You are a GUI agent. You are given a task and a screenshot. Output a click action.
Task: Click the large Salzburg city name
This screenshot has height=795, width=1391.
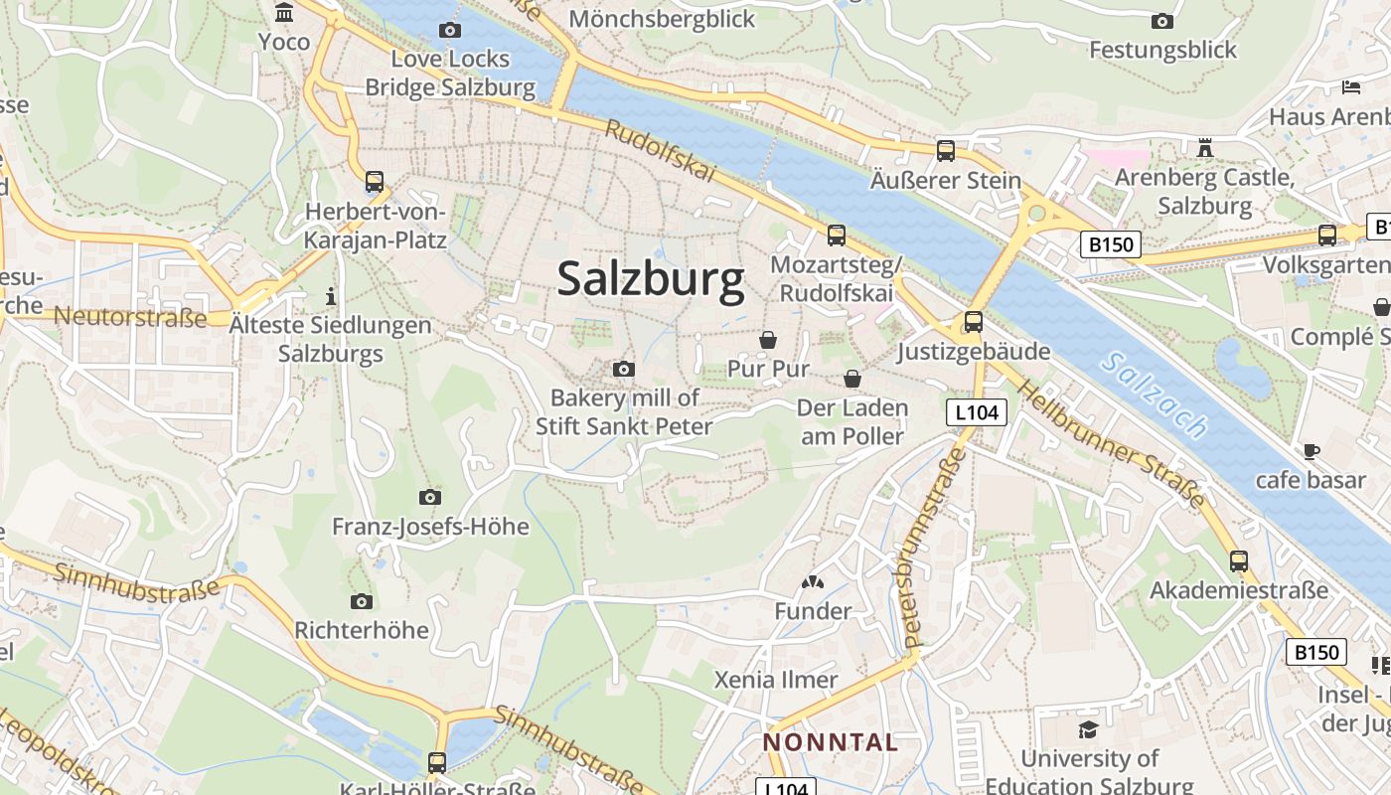651,279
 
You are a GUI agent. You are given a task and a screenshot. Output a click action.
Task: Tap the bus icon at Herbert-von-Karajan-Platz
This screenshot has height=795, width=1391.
375,182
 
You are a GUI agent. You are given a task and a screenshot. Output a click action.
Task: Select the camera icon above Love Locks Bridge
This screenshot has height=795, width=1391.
450,30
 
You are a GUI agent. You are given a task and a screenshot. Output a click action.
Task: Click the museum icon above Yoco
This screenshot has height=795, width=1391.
284,13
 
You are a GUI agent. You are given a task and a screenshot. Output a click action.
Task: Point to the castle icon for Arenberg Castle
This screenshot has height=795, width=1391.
1205,148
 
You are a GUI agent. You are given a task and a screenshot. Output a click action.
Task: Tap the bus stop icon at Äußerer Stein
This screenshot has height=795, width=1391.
945,151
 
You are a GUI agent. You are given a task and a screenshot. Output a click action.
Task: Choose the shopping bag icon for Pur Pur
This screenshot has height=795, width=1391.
768,340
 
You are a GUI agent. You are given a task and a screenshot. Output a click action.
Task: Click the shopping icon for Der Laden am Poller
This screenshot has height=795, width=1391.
851,379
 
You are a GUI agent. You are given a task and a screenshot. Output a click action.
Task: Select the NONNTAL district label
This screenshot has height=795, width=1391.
831,741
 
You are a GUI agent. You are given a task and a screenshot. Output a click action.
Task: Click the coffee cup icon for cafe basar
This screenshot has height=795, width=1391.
1311,451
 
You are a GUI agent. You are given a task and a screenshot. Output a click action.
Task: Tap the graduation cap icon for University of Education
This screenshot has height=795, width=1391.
1088,729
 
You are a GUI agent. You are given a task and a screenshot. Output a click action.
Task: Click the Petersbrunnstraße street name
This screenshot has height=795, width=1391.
931,547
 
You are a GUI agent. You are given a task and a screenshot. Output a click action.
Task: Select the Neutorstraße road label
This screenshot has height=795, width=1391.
130,317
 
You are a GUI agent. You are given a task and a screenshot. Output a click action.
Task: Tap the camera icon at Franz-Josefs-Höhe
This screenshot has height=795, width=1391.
430,497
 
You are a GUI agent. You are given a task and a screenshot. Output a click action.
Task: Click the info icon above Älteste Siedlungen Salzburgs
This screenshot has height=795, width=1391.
331,296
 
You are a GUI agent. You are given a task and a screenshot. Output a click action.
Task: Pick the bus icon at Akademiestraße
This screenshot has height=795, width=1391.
1238,560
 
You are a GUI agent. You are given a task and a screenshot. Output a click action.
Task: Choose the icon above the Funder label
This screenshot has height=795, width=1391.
813,582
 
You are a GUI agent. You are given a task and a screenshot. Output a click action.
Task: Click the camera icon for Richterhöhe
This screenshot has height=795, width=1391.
362,601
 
